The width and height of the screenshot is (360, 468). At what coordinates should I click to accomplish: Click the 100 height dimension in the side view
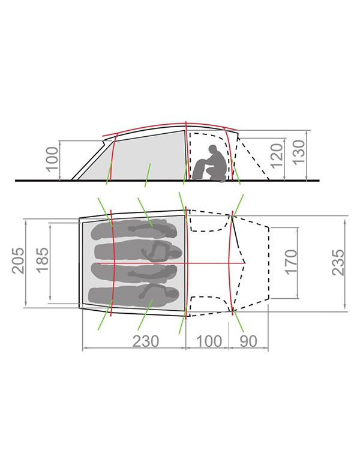point(53,159)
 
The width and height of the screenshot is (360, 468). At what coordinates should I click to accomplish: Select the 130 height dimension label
point(299,152)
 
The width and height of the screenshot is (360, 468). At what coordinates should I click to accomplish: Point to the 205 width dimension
point(17,260)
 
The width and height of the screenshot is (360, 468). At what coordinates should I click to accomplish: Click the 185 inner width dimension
point(42,259)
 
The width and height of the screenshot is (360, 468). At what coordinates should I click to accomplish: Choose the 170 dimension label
point(292,262)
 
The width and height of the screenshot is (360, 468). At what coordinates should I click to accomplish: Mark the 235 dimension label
point(338,263)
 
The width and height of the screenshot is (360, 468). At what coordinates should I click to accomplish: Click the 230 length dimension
point(146,341)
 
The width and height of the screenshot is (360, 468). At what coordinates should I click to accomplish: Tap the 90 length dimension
point(248,341)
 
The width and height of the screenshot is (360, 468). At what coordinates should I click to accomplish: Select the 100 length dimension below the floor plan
point(209,341)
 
